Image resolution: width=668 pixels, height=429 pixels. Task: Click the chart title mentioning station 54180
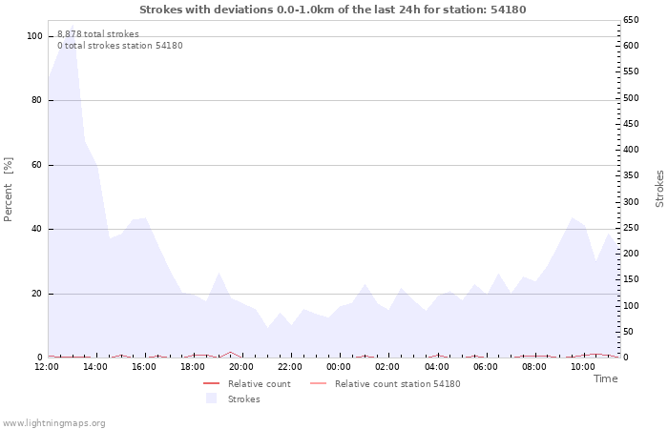332,10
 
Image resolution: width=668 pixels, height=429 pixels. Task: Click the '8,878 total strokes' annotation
97,34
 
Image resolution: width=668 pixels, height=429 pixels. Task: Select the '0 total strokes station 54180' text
119,46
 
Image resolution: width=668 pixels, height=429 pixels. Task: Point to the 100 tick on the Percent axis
34,36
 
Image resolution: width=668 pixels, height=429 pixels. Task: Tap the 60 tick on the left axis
36,165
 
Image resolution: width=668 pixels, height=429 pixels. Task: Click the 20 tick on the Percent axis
36,294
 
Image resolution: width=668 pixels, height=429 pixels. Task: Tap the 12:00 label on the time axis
48,367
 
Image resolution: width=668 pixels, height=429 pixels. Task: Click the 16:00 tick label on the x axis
144,367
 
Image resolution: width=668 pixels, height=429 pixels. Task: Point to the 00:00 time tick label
339,367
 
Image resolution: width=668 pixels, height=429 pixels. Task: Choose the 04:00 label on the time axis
436,367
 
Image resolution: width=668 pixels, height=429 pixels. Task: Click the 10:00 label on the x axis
582,367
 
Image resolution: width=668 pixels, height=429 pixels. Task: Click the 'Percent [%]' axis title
9,189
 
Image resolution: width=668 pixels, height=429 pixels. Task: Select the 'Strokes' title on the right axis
659,189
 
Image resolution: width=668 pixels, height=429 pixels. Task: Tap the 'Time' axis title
605,379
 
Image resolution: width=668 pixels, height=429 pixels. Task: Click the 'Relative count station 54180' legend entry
397,384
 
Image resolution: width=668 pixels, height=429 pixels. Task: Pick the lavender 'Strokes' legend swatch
211,398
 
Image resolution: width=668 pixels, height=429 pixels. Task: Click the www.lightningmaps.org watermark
53,423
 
